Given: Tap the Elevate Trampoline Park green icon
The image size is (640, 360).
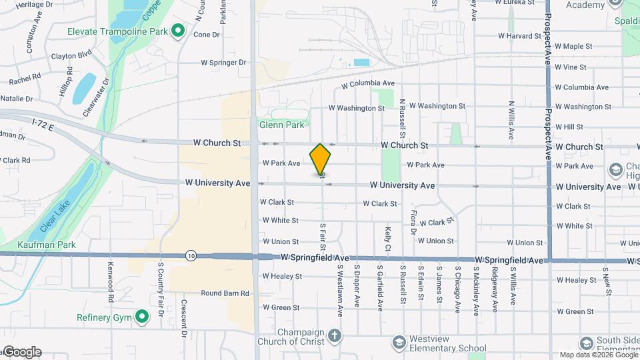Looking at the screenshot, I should (178, 31).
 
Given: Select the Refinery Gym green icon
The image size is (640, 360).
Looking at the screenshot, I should (141, 317).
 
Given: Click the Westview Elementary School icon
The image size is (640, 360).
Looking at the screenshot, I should (398, 342).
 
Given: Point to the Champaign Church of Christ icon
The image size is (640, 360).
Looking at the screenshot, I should (335, 335).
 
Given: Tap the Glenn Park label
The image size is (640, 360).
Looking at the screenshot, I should (281, 125).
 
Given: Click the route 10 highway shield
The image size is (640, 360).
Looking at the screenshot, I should (191, 255).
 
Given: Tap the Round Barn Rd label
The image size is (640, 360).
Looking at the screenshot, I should (225, 293).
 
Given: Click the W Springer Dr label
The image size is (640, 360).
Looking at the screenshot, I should (224, 63).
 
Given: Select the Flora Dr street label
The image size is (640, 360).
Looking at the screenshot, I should (413, 222).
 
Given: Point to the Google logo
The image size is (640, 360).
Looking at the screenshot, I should (21, 352).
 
